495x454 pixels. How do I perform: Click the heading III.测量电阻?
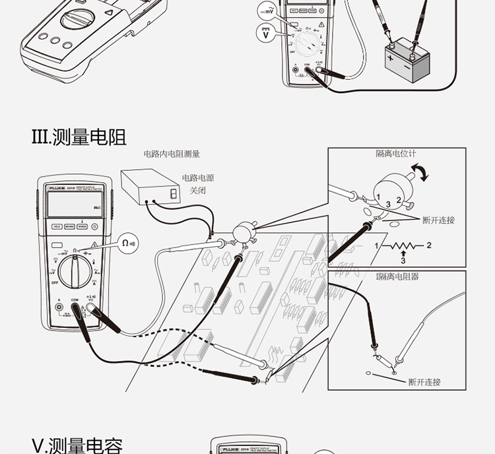coord(79,137)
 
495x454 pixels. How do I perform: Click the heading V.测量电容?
coord(77,445)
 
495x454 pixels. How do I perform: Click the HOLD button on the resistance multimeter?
coord(57,226)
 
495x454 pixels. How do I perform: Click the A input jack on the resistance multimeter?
coord(59,306)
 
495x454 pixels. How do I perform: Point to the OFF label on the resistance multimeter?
coord(54,282)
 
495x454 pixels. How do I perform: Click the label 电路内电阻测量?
coord(172,154)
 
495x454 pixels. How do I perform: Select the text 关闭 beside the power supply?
coord(198,190)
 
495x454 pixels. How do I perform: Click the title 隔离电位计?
coord(396,154)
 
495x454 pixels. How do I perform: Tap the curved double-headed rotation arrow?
coord(420,173)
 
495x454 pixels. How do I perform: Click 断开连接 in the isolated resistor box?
coord(424,381)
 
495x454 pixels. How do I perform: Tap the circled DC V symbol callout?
coord(266,34)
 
